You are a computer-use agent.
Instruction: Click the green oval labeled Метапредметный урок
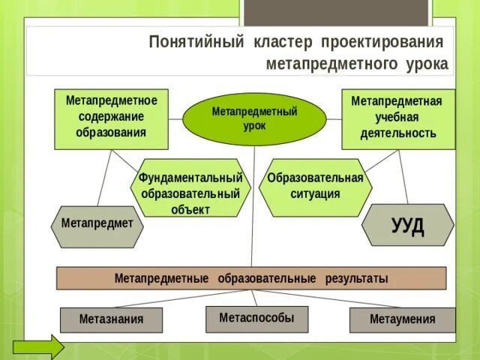(x=254, y=118)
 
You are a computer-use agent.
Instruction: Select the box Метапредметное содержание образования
(x=111, y=118)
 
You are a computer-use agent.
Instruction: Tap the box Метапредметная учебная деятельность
(x=397, y=118)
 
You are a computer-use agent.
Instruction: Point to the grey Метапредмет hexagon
(x=97, y=223)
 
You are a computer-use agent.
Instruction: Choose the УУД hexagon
(x=407, y=225)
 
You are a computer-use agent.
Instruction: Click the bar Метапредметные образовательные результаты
(x=251, y=278)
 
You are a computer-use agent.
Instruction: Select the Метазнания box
(x=111, y=319)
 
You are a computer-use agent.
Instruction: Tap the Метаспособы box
(x=257, y=318)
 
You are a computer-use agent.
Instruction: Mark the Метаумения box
(x=402, y=319)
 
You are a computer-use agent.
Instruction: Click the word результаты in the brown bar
(x=356, y=278)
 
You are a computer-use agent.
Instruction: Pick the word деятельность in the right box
(x=397, y=133)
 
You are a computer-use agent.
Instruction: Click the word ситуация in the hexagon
(x=315, y=193)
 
